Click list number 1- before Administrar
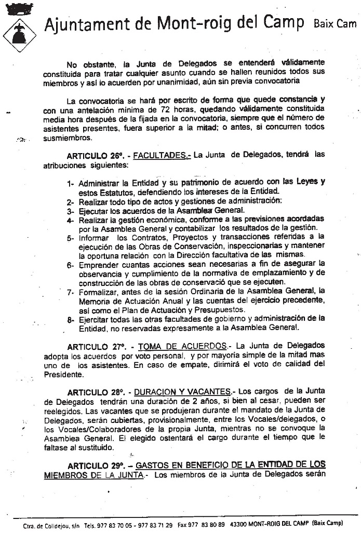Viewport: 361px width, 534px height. [x=71, y=183]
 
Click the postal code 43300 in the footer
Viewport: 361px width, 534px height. [x=239, y=525]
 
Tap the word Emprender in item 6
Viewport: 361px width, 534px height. [x=99, y=265]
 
